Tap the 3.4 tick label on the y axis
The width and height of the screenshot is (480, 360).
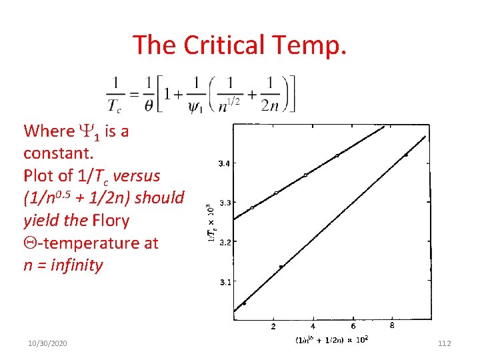click(x=227, y=163)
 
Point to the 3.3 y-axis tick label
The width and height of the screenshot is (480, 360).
click(x=227, y=202)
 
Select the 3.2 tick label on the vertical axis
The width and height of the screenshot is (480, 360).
click(x=227, y=242)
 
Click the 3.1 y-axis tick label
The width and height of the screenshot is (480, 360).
click(x=227, y=282)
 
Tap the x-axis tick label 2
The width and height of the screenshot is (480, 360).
click(x=273, y=327)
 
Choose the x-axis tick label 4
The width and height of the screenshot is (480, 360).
click(x=313, y=327)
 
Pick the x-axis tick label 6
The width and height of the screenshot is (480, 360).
click(x=353, y=327)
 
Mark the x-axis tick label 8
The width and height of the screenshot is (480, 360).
click(x=392, y=327)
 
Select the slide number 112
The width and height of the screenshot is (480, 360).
click(x=445, y=343)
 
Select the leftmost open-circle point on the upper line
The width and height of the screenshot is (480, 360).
click(x=252, y=207)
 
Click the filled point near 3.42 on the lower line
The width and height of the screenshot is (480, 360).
click(x=406, y=155)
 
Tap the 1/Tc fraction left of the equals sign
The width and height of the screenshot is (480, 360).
click(x=115, y=95)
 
